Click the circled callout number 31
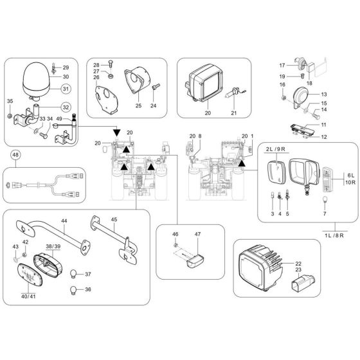pyautogui.click(x=66, y=89)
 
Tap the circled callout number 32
pyautogui.click(x=66, y=107)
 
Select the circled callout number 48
pyautogui.click(x=15, y=155)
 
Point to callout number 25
pyautogui.click(x=138, y=105)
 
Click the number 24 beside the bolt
pyautogui.click(x=154, y=105)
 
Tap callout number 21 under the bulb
pyautogui.click(x=234, y=114)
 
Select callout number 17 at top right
pyautogui.click(x=282, y=66)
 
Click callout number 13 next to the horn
pyautogui.click(x=324, y=94)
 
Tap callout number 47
pyautogui.click(x=198, y=235)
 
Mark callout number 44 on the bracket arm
pyautogui.click(x=64, y=221)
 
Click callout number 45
pyautogui.click(x=113, y=219)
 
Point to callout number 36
pyautogui.click(x=88, y=289)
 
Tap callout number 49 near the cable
pyautogui.click(x=59, y=119)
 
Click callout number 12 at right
pyautogui.click(x=324, y=137)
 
